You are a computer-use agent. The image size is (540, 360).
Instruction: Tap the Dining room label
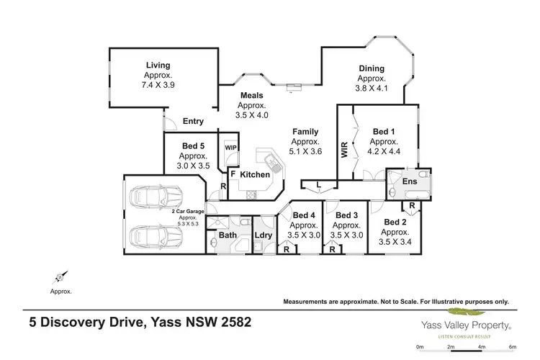click(x=372, y=69)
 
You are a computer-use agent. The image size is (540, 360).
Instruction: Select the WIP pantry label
click(x=230, y=148)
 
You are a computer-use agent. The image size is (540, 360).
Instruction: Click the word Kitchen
click(x=255, y=175)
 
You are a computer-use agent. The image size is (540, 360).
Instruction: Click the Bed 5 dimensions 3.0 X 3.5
click(x=192, y=165)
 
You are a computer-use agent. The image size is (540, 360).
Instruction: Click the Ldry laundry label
click(x=262, y=235)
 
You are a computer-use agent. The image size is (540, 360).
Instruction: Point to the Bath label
click(x=228, y=235)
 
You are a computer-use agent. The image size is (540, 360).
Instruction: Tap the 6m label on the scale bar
click(x=511, y=347)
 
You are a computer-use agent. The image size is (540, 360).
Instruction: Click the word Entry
click(x=194, y=122)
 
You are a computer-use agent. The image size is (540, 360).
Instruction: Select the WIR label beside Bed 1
click(x=344, y=149)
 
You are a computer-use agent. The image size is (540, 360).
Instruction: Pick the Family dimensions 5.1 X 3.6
click(x=305, y=151)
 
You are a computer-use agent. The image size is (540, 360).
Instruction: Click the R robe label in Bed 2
click(x=411, y=206)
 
